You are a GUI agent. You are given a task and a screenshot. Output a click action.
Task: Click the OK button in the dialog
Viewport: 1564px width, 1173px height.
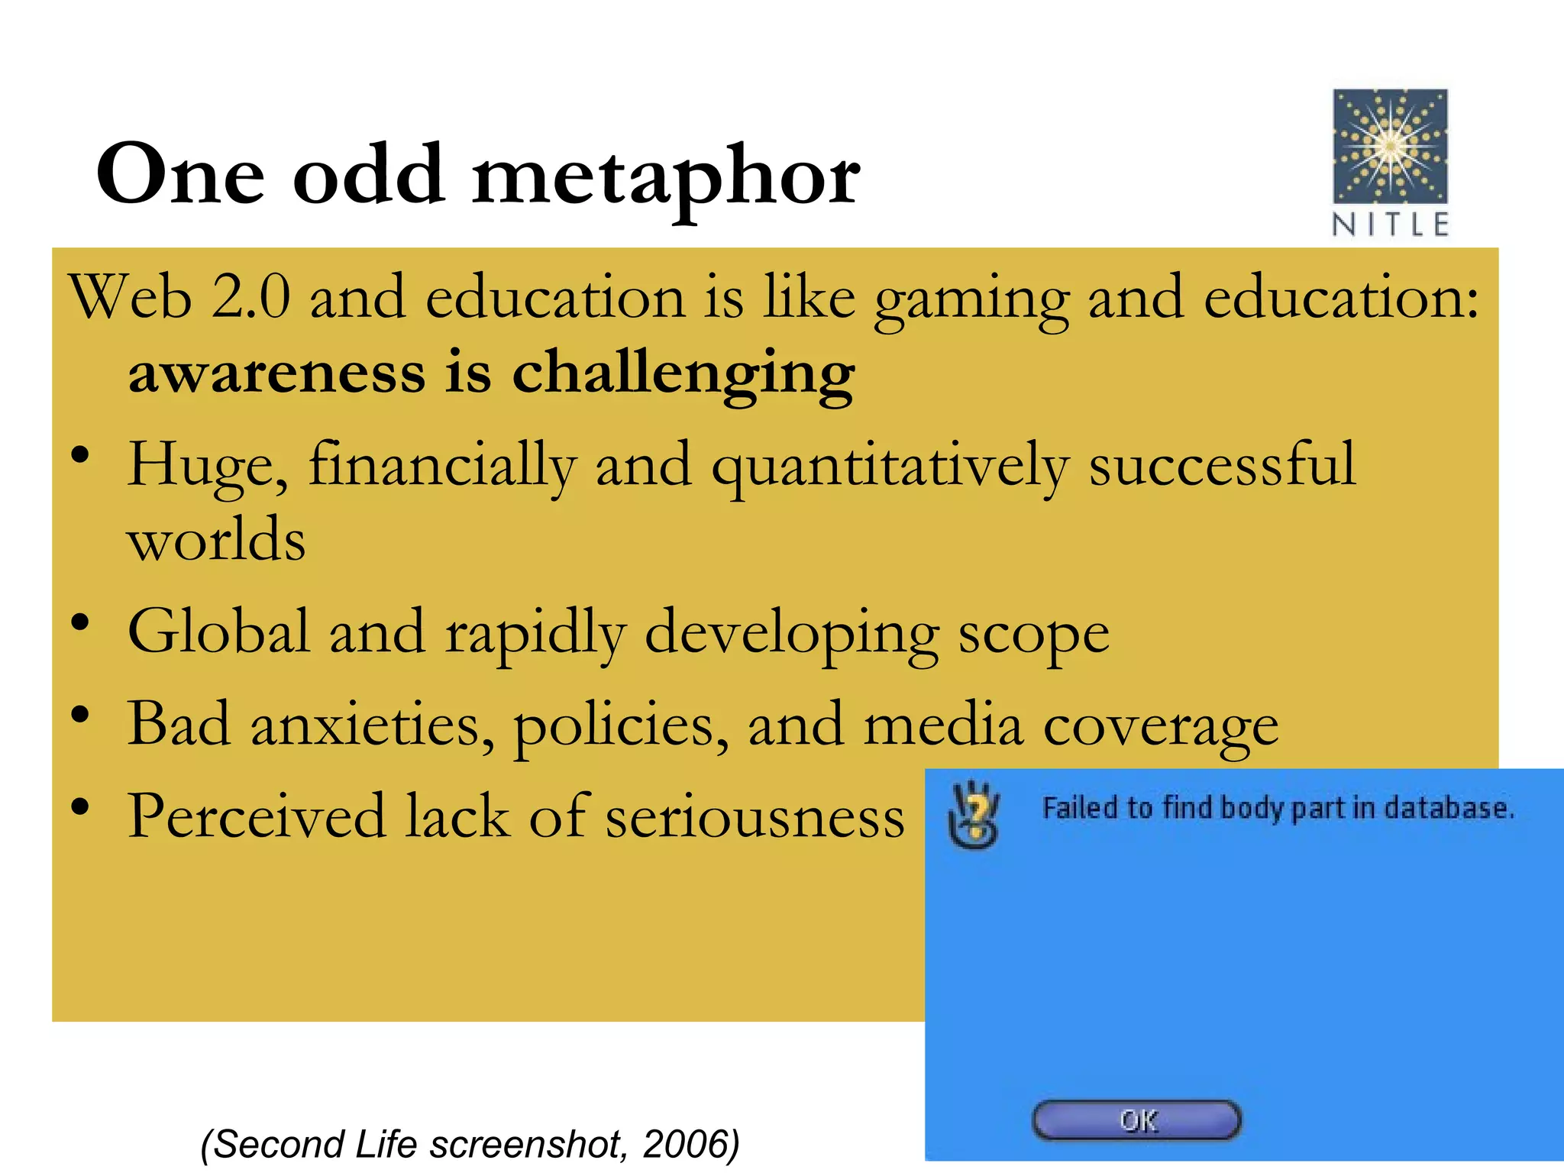[1136, 1120]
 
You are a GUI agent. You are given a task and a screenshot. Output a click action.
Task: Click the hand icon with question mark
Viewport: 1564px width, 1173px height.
[973, 815]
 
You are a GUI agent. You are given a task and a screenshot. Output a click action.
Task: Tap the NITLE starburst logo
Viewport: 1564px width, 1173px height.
[1390, 146]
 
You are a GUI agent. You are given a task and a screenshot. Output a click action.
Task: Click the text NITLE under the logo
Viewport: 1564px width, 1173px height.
[1390, 225]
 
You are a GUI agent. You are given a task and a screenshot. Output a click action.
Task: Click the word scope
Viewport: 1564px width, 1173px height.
[1033, 634]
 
